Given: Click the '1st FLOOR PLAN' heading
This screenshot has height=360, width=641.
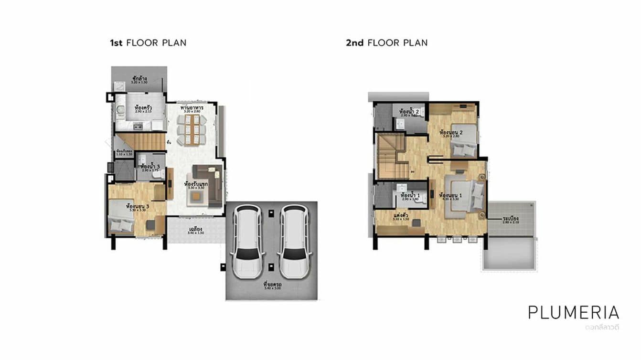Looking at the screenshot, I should point(148,43).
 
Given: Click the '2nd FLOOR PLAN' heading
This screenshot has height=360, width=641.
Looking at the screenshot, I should point(386,43).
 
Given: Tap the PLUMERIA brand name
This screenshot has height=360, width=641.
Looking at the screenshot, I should point(573,312).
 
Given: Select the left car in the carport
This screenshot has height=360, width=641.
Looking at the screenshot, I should point(247,241).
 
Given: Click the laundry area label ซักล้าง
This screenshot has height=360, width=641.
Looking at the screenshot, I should point(139,79).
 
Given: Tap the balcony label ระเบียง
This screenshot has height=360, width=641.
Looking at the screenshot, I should point(511,219).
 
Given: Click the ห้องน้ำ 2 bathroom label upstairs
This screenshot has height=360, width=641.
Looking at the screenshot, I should point(409,112).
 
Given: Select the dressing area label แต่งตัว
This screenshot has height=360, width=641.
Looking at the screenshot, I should point(399,216).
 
